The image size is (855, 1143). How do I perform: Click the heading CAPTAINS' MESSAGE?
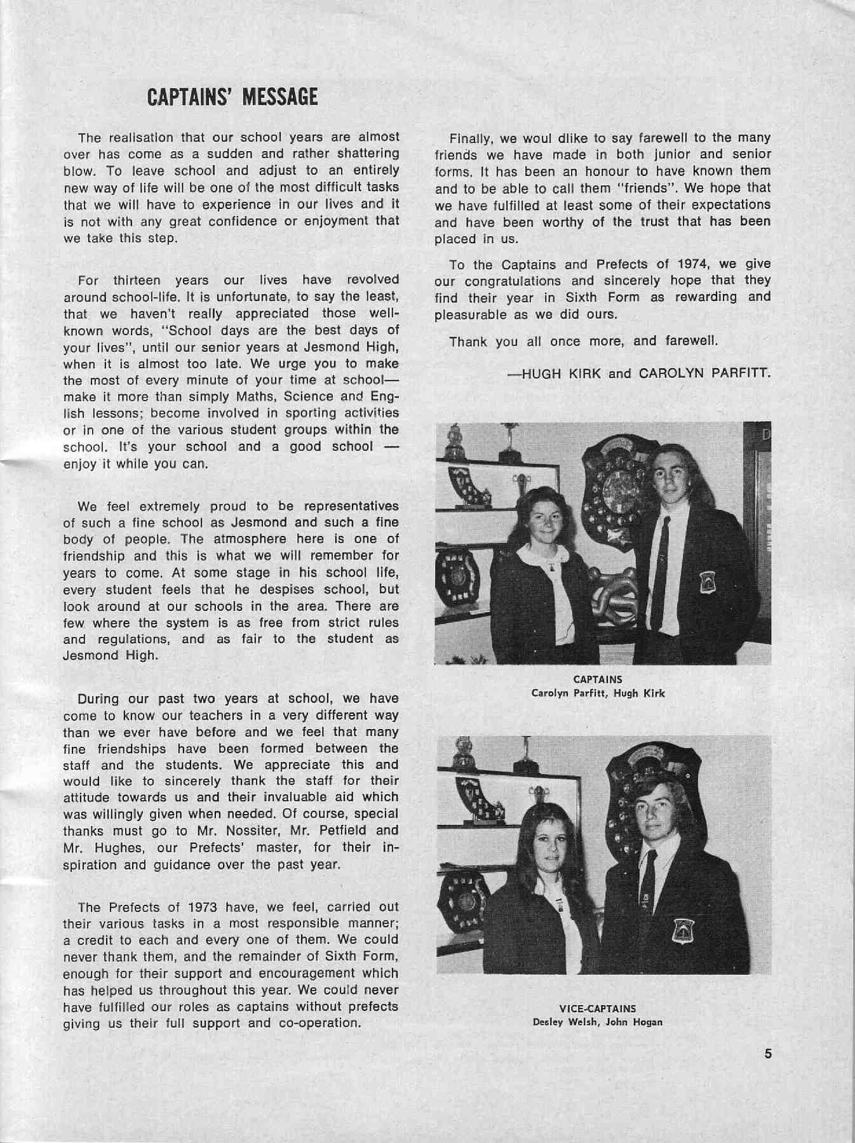pyautogui.click(x=232, y=97)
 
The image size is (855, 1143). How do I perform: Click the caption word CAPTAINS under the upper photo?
pyautogui.click(x=597, y=679)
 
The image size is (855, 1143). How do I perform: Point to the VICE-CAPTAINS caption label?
pyautogui.click(x=597, y=1008)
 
